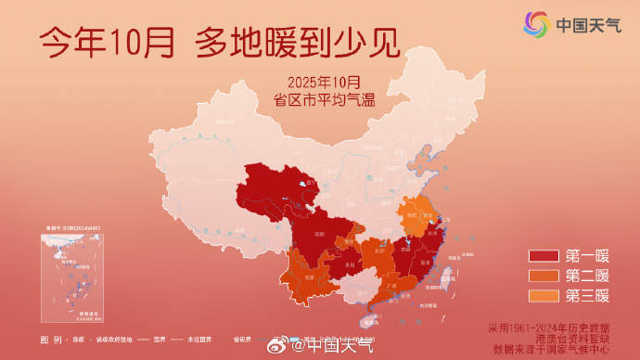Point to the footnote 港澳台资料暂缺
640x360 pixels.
[572, 339]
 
